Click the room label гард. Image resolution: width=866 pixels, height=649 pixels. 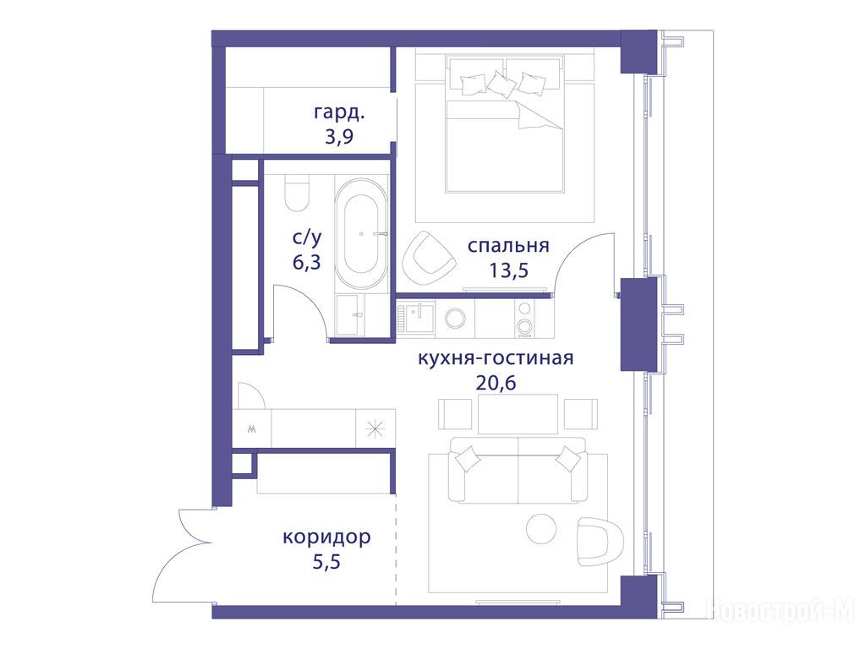click(x=340, y=113)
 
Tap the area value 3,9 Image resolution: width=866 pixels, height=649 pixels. click(x=338, y=136)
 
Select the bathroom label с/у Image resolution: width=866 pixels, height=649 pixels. click(x=306, y=238)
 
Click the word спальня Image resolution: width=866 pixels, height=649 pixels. click(x=508, y=246)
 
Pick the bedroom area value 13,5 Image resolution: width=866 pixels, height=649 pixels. click(x=508, y=270)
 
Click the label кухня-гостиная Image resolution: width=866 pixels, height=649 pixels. click(x=496, y=358)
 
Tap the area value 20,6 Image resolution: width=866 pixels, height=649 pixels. click(x=496, y=383)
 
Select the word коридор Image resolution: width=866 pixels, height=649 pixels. click(x=326, y=537)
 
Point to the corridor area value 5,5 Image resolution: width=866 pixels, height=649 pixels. click(x=326, y=562)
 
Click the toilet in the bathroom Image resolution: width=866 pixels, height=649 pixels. click(x=297, y=194)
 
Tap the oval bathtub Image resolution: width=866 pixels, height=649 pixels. click(x=361, y=233)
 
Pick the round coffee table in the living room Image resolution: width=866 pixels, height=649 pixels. click(x=541, y=529)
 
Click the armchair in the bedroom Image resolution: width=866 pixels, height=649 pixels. click(x=428, y=254)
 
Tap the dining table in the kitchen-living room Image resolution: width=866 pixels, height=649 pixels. click(x=518, y=414)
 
